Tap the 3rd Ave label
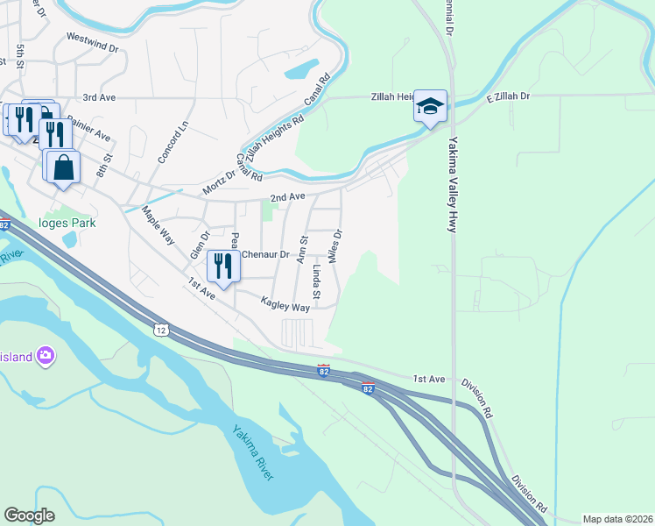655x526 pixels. point(100,98)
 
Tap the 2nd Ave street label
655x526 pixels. point(286,197)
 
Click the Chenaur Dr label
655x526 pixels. point(264,254)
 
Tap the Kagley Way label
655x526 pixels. point(285,307)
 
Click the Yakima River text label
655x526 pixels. point(253,451)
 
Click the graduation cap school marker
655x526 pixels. point(430,106)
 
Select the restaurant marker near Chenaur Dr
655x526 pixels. point(223,266)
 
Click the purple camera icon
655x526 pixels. point(45,356)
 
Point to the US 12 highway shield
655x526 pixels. point(159,329)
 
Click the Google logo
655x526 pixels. point(29,515)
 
